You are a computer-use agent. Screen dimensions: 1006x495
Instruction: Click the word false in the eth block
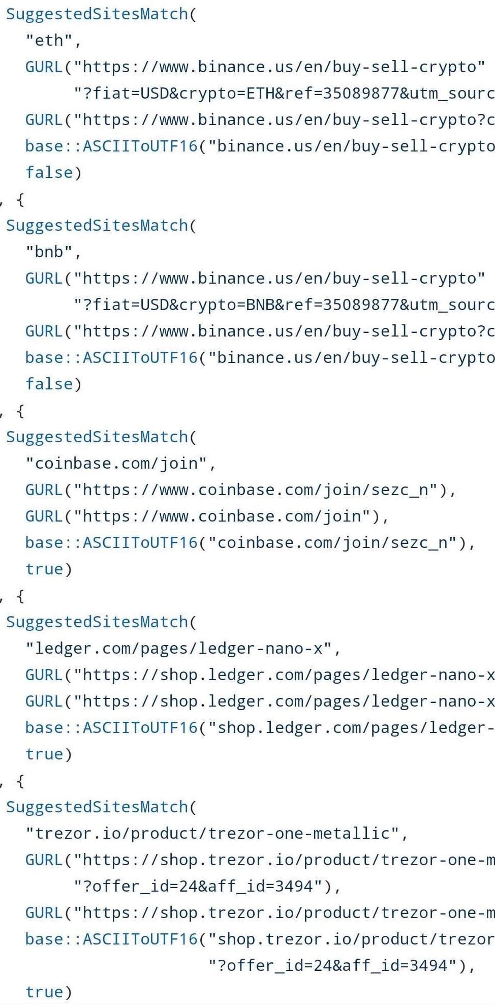coord(49,172)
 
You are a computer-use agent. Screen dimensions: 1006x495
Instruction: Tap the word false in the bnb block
coord(49,384)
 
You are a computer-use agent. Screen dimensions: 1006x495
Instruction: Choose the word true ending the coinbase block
coord(45,569)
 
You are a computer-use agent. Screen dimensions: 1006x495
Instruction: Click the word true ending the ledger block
coord(45,754)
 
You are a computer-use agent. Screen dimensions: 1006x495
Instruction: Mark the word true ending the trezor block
coord(45,992)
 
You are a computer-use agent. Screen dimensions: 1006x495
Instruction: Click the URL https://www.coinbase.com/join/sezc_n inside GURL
coord(260,490)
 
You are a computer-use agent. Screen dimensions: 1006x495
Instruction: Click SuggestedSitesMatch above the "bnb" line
coord(97,225)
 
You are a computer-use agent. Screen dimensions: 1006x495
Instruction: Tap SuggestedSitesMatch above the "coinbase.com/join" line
coord(97,437)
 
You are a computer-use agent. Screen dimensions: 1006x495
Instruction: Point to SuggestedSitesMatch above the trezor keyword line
coord(97,807)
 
